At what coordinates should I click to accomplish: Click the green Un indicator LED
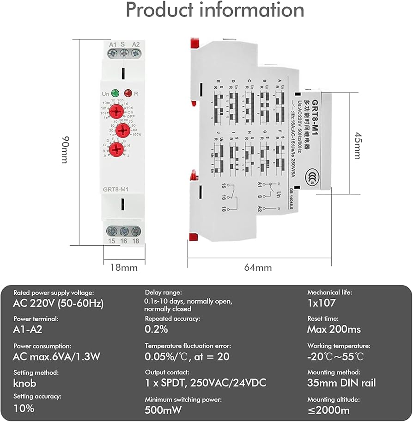[115, 93]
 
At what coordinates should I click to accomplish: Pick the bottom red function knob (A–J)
[118, 149]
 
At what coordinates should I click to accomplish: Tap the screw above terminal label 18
[135, 231]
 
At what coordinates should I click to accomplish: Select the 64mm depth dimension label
[257, 267]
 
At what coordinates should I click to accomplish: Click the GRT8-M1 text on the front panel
[116, 188]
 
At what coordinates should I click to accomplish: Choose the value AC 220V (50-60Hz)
[58, 304]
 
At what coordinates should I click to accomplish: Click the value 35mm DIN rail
[341, 383]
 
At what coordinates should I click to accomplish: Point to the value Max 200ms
[334, 329]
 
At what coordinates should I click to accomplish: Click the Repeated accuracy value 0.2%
[157, 329]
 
